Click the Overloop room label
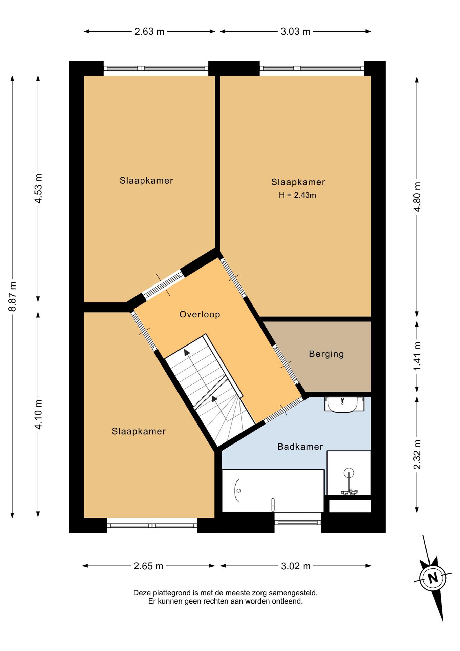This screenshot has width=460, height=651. pyautogui.click(x=200, y=314)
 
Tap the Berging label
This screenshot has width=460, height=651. pyautogui.click(x=326, y=354)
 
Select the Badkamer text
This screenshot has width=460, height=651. pyautogui.click(x=300, y=447)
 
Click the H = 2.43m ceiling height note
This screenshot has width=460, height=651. pyautogui.click(x=297, y=195)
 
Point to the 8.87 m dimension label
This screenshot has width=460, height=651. pyautogui.click(x=13, y=296)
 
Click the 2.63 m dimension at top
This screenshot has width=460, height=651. pyautogui.click(x=149, y=32)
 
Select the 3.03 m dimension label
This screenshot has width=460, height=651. pyautogui.click(x=295, y=32)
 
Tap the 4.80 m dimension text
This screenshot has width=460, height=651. pyautogui.click(x=417, y=197)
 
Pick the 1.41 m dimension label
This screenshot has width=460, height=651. pyautogui.click(x=417, y=356)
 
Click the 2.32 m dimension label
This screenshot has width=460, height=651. pyautogui.click(x=417, y=454)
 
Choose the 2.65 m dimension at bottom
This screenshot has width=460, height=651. pyautogui.click(x=148, y=566)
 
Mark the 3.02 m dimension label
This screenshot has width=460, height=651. pyautogui.click(x=295, y=566)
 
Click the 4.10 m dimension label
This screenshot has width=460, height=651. pyautogui.click(x=39, y=414)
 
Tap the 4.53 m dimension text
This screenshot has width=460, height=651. pyautogui.click(x=39, y=189)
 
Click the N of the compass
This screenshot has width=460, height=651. pyautogui.click(x=433, y=577)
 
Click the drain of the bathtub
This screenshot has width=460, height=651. pyautogui.click(x=238, y=491)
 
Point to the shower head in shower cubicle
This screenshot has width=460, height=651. pyautogui.click(x=349, y=472)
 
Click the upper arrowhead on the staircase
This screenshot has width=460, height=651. pyautogui.click(x=187, y=352)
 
